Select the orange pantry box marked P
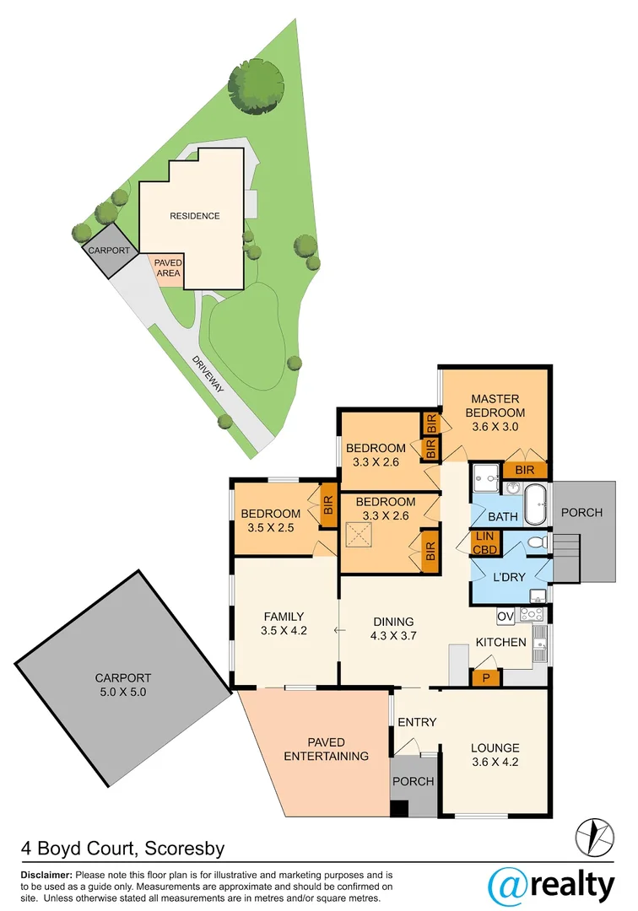tap(486, 677)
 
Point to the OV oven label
tap(506, 617)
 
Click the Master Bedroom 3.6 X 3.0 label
tap(495, 412)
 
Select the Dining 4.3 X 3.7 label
tap(393, 629)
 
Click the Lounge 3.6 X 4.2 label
tap(495, 753)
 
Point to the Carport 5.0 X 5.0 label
tap(123, 683)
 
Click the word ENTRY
tap(417, 722)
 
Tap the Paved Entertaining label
tap(326, 748)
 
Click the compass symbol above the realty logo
tap(595, 836)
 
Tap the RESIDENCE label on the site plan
tap(195, 216)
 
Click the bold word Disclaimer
tap(47, 875)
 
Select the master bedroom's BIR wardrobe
tap(524, 471)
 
